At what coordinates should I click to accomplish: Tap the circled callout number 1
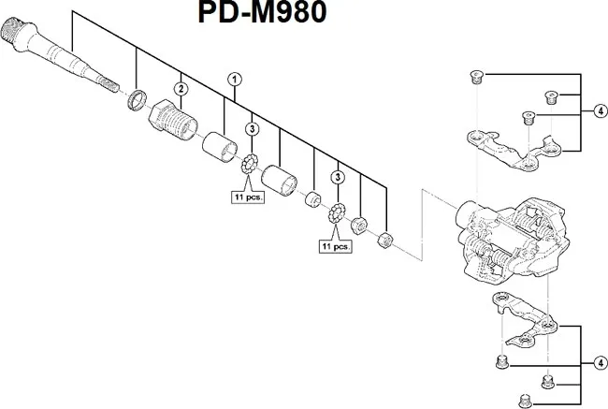point(235,80)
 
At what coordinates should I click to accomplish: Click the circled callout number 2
point(181,89)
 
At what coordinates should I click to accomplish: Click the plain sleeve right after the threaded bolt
point(222,147)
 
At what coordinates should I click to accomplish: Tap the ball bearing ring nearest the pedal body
point(335,215)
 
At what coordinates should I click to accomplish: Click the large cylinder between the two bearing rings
point(279,178)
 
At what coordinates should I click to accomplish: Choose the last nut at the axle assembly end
point(382,241)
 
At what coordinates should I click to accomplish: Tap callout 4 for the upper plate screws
point(596,110)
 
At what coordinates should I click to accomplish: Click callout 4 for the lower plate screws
point(596,361)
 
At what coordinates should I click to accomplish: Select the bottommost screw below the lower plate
point(547,381)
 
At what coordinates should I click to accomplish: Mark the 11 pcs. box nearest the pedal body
point(335,247)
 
